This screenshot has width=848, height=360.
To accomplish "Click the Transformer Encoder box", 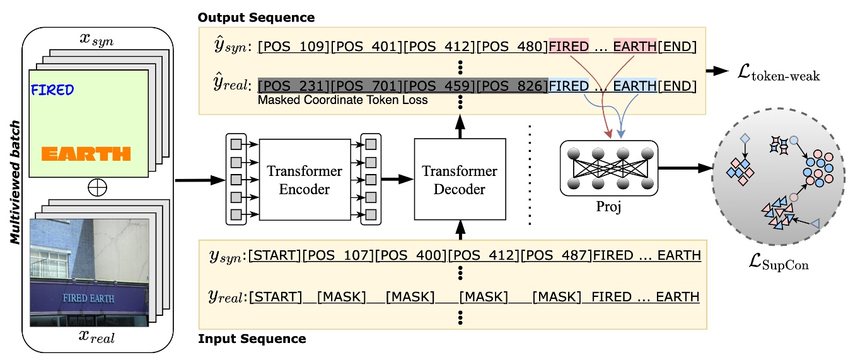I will [x=305, y=179].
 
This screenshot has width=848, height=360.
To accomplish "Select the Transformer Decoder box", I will [x=460, y=179].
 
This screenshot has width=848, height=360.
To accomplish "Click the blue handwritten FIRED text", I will [x=52, y=90].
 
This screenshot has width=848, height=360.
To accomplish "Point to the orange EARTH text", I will [x=86, y=153].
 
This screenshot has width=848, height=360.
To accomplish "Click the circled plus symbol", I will [x=97, y=187].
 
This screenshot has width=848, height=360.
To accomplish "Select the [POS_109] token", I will [x=294, y=47].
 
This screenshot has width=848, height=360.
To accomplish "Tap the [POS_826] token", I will [x=513, y=86].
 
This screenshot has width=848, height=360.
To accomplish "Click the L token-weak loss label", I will [x=779, y=76].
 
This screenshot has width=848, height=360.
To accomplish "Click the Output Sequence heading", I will [x=256, y=17].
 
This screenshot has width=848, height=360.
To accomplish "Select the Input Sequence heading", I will [x=252, y=339].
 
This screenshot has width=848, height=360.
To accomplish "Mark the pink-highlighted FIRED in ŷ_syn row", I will [x=569, y=47].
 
